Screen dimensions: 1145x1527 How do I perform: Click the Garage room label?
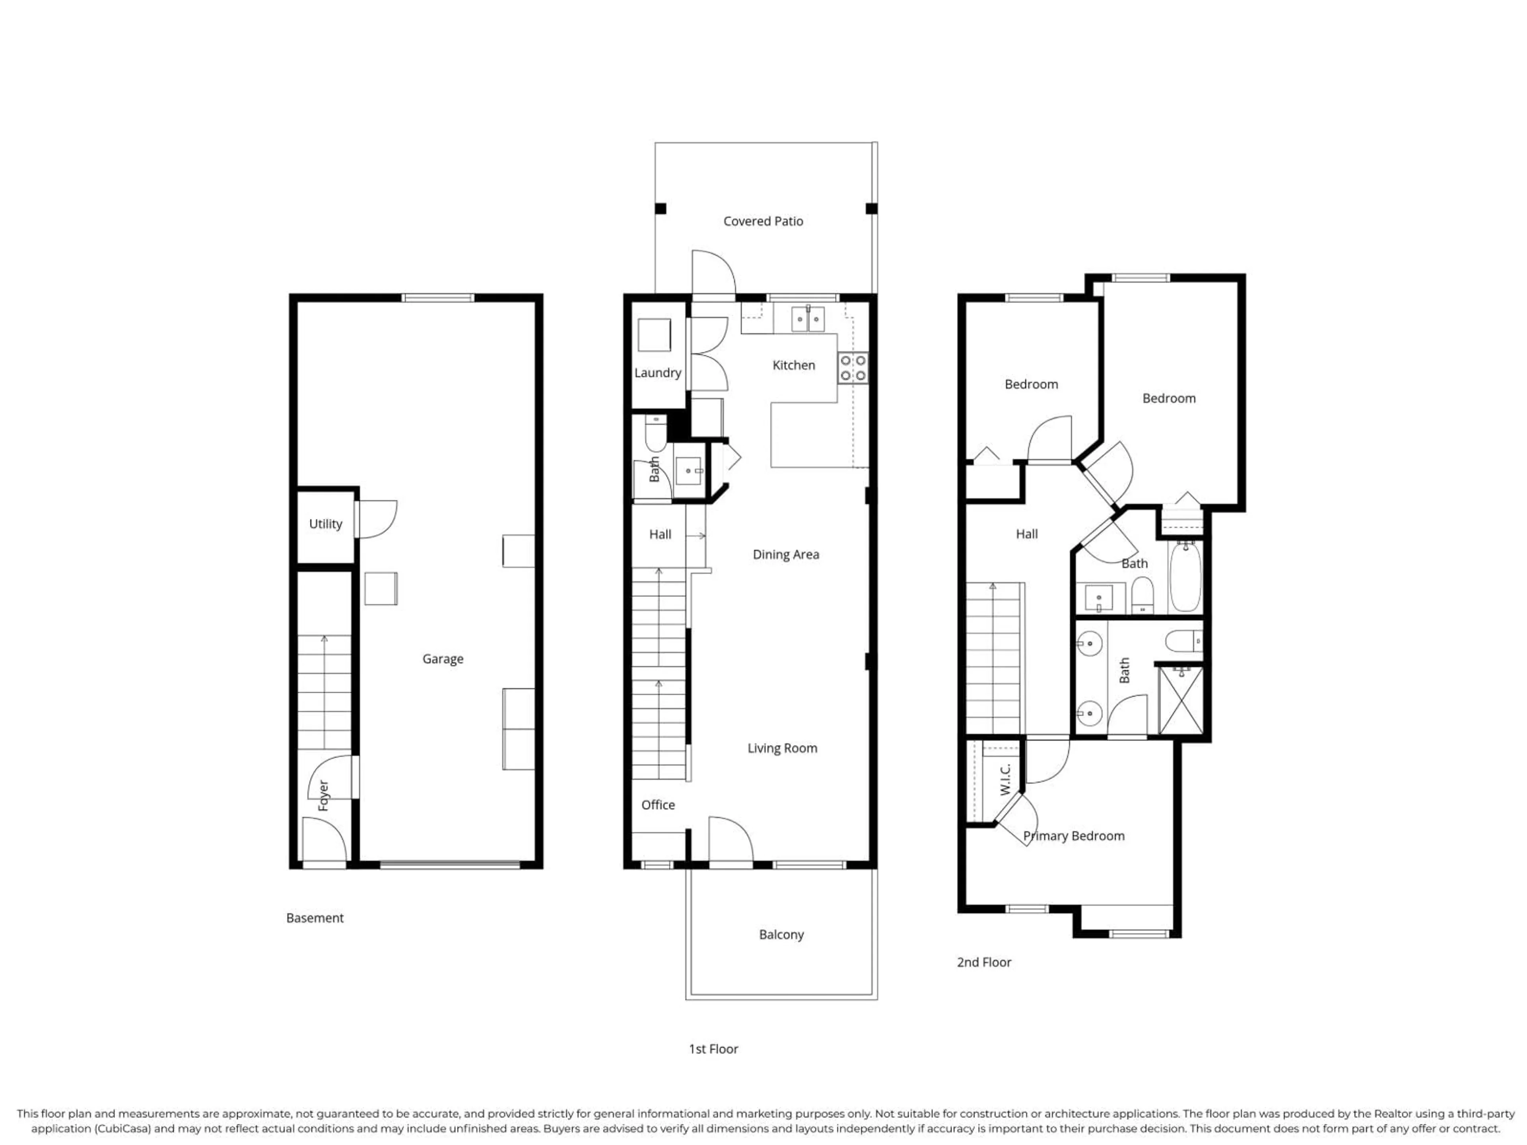(443, 659)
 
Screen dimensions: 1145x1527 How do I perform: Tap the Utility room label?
(325, 524)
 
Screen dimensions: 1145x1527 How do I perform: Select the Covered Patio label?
(763, 221)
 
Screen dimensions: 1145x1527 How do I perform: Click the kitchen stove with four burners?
(853, 368)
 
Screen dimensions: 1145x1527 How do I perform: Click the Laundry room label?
(657, 373)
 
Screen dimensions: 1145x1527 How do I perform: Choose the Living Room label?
(782, 748)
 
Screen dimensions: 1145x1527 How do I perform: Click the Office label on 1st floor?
(658, 805)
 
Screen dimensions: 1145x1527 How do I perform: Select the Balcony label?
(781, 935)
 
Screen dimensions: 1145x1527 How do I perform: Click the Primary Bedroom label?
(1073, 836)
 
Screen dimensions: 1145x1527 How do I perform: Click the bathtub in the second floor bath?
(1185, 577)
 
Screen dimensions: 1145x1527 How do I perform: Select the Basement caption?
(315, 918)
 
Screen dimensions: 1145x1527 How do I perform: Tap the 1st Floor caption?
(713, 1049)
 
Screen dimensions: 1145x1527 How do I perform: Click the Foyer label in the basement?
(323, 796)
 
